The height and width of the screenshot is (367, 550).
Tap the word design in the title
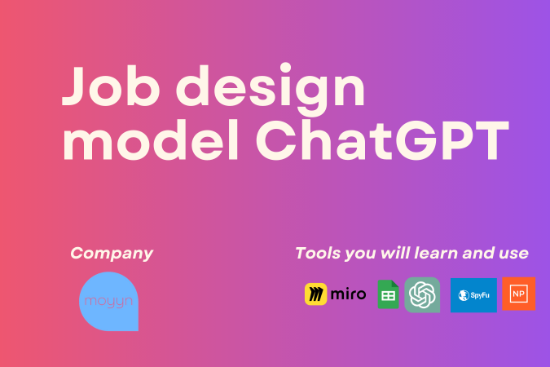click(276, 90)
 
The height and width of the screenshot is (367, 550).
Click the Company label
click(112, 253)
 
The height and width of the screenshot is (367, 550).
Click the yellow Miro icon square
click(316, 294)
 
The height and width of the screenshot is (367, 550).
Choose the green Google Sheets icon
click(388, 294)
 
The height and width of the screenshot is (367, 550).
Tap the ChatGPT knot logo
click(422, 294)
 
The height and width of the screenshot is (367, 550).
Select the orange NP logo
click(519, 294)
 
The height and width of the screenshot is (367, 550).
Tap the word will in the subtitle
click(390, 253)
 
